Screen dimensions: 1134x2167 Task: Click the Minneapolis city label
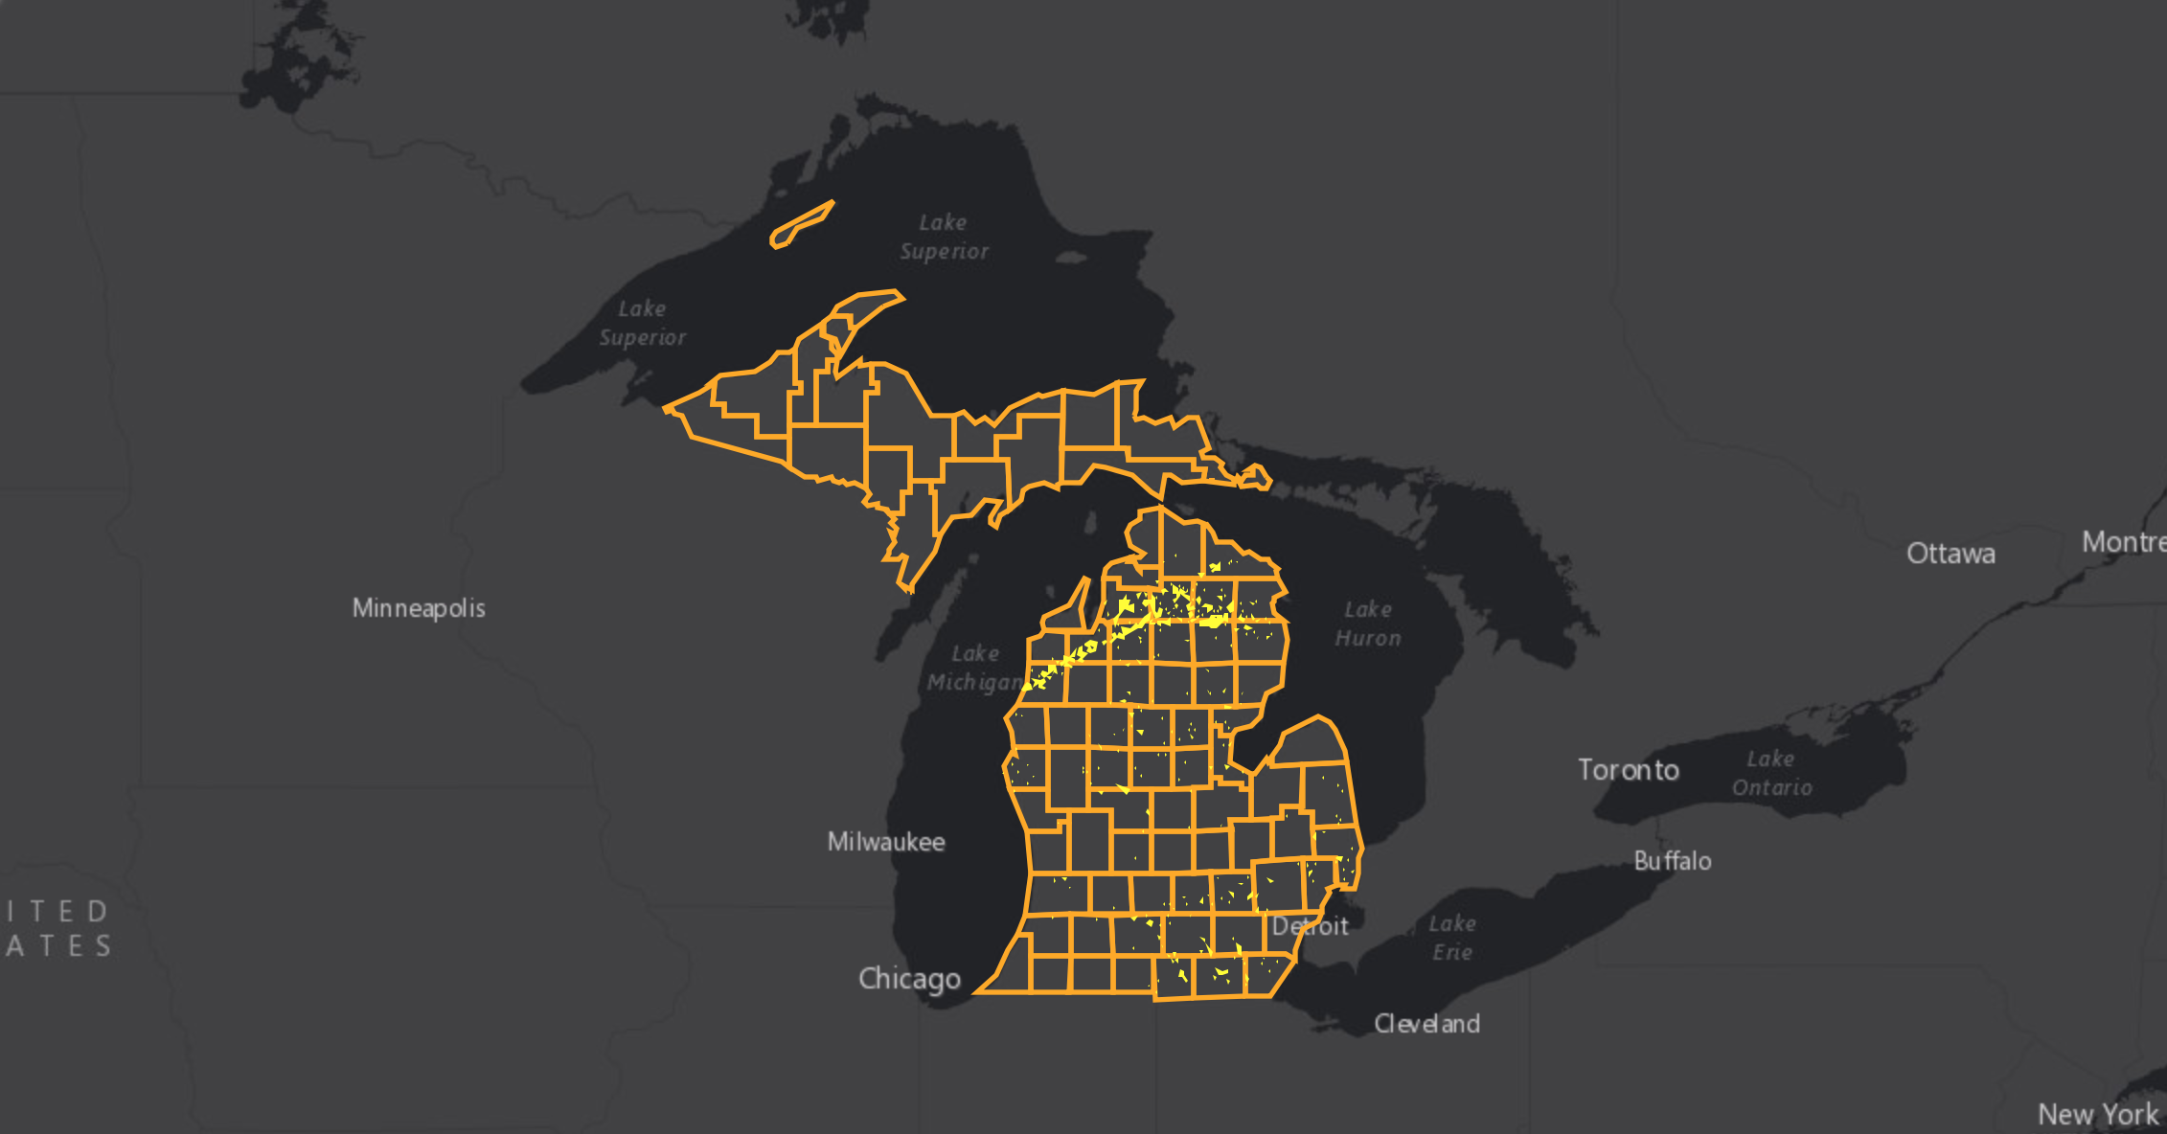[x=419, y=608]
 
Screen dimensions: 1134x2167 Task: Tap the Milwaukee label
[x=886, y=842]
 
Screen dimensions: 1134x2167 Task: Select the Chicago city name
[x=909, y=979]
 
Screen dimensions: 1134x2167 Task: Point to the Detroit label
[x=1310, y=926]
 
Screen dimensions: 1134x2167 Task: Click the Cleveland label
[x=1426, y=1024]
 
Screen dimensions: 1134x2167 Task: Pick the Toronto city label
[x=1629, y=770]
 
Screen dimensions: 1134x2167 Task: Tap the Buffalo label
[x=1673, y=861]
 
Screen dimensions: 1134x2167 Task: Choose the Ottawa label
[x=1950, y=554]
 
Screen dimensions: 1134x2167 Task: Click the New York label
[x=2098, y=1115]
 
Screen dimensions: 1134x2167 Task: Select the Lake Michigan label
[x=974, y=668]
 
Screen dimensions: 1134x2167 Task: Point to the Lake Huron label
[x=1368, y=624]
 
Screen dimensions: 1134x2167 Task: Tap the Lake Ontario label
[x=1771, y=773]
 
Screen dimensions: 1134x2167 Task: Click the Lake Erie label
[x=1452, y=938]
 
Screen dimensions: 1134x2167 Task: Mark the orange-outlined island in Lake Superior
[x=801, y=225]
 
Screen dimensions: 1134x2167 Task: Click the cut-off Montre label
[x=2124, y=542]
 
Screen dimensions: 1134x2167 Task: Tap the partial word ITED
[x=57, y=911]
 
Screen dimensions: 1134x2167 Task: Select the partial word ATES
[x=59, y=946]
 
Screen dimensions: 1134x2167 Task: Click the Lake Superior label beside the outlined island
[x=944, y=237]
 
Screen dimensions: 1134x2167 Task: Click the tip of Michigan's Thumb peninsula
[x=1320, y=717]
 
